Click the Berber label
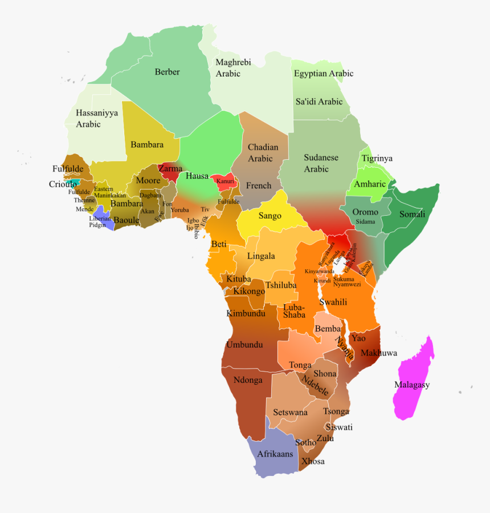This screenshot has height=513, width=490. [x=167, y=72]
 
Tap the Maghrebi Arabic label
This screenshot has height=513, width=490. [x=233, y=68]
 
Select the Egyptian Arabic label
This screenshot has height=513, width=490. [x=323, y=74]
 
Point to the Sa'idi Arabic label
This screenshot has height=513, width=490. [x=318, y=102]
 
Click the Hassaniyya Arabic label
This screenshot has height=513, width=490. [x=97, y=119]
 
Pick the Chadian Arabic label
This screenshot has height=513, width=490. [x=263, y=152]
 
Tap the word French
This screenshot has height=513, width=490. [x=259, y=185]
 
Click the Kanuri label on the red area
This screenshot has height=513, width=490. [x=225, y=181]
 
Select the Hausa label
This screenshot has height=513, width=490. [x=197, y=176]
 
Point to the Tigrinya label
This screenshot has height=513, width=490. [x=377, y=158]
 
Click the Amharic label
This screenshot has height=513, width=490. [x=370, y=184]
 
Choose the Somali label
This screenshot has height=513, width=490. [x=412, y=214]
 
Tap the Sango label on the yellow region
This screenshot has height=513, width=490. [x=269, y=216]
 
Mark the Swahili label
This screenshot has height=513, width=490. [x=333, y=302]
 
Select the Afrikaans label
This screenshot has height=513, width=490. [x=275, y=454]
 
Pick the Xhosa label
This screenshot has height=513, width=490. [x=313, y=461]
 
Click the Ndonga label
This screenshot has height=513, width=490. [x=248, y=379]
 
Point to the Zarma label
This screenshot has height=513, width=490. [x=170, y=168]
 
